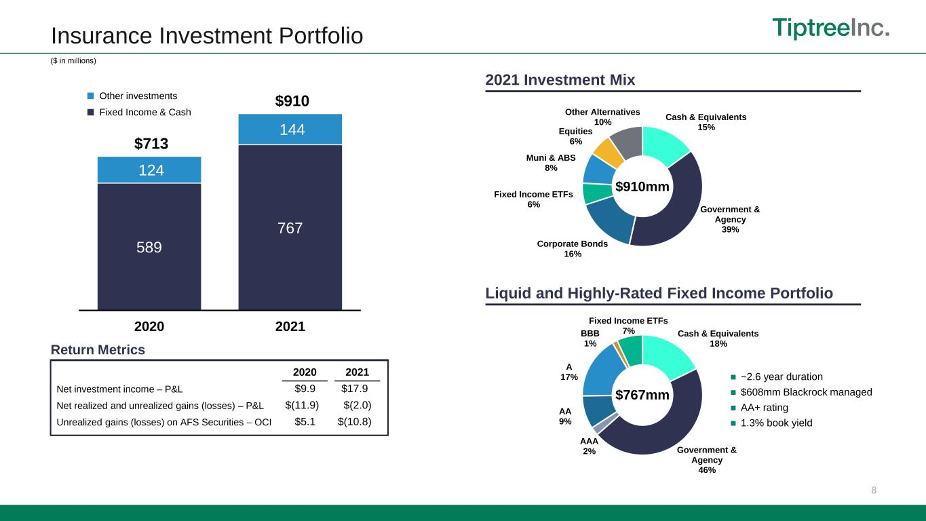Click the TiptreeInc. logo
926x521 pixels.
click(831, 28)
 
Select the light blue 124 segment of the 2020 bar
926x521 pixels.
click(149, 170)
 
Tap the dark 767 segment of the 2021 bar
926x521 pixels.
click(290, 227)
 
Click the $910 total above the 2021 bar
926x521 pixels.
click(292, 101)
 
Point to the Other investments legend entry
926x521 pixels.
click(132, 96)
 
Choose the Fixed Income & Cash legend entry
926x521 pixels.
click(139, 112)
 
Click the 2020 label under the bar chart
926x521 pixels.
click(149, 326)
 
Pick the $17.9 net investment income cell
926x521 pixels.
click(354, 389)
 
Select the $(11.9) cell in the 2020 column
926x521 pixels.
click(302, 405)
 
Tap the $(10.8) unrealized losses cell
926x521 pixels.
click(354, 422)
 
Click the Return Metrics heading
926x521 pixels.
click(98, 350)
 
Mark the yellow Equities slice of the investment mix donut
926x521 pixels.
click(608, 153)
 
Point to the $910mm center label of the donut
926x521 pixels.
click(642, 187)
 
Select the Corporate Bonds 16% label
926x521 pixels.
click(573, 249)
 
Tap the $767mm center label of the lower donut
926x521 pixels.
click(642, 395)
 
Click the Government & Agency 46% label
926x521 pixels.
click(707, 460)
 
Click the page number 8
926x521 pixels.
click(874, 490)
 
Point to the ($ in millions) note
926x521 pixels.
click(73, 61)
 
